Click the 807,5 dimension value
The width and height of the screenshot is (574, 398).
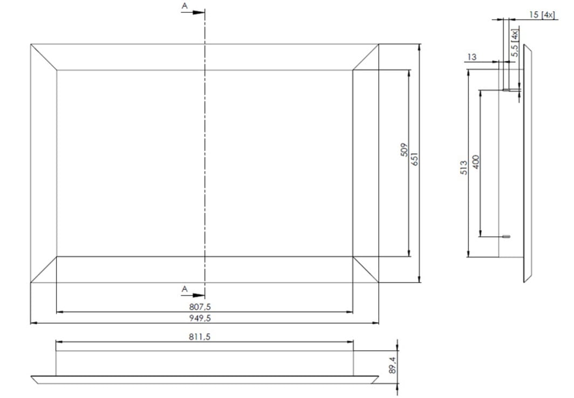click(200, 307)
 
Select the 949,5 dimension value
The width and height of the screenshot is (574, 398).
click(200, 318)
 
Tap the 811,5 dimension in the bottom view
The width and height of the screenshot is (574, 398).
click(200, 337)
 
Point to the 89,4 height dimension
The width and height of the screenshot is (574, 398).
click(392, 365)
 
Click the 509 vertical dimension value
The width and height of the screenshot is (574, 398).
click(404, 150)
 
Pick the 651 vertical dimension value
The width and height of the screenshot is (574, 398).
click(414, 159)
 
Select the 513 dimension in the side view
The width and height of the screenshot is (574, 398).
click(464, 168)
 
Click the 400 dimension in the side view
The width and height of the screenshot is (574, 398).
click(476, 162)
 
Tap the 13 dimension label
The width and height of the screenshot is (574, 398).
click(472, 57)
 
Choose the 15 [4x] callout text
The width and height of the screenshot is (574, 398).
click(542, 15)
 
